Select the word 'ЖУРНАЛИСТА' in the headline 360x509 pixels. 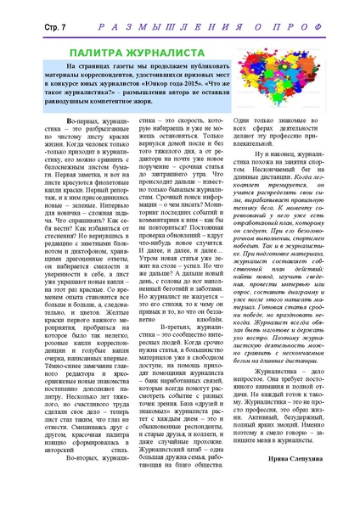pyautogui.click(x=180, y=52)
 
